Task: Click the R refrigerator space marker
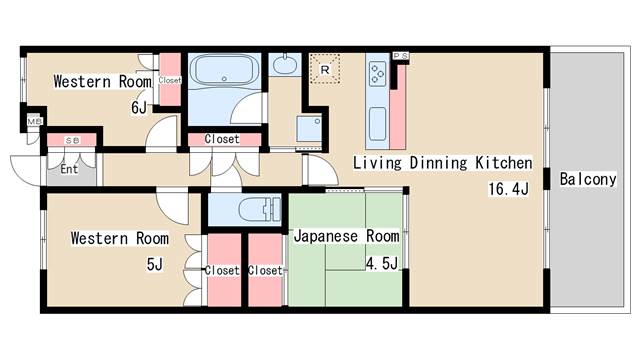326,69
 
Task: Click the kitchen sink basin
378,125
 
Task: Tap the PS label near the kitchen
400,56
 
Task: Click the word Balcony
587,180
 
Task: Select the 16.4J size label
507,188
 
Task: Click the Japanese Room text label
345,236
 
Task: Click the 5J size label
153,264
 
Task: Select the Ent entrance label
69,169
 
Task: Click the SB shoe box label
72,140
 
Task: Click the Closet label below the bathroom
222,139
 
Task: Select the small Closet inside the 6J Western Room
169,81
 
